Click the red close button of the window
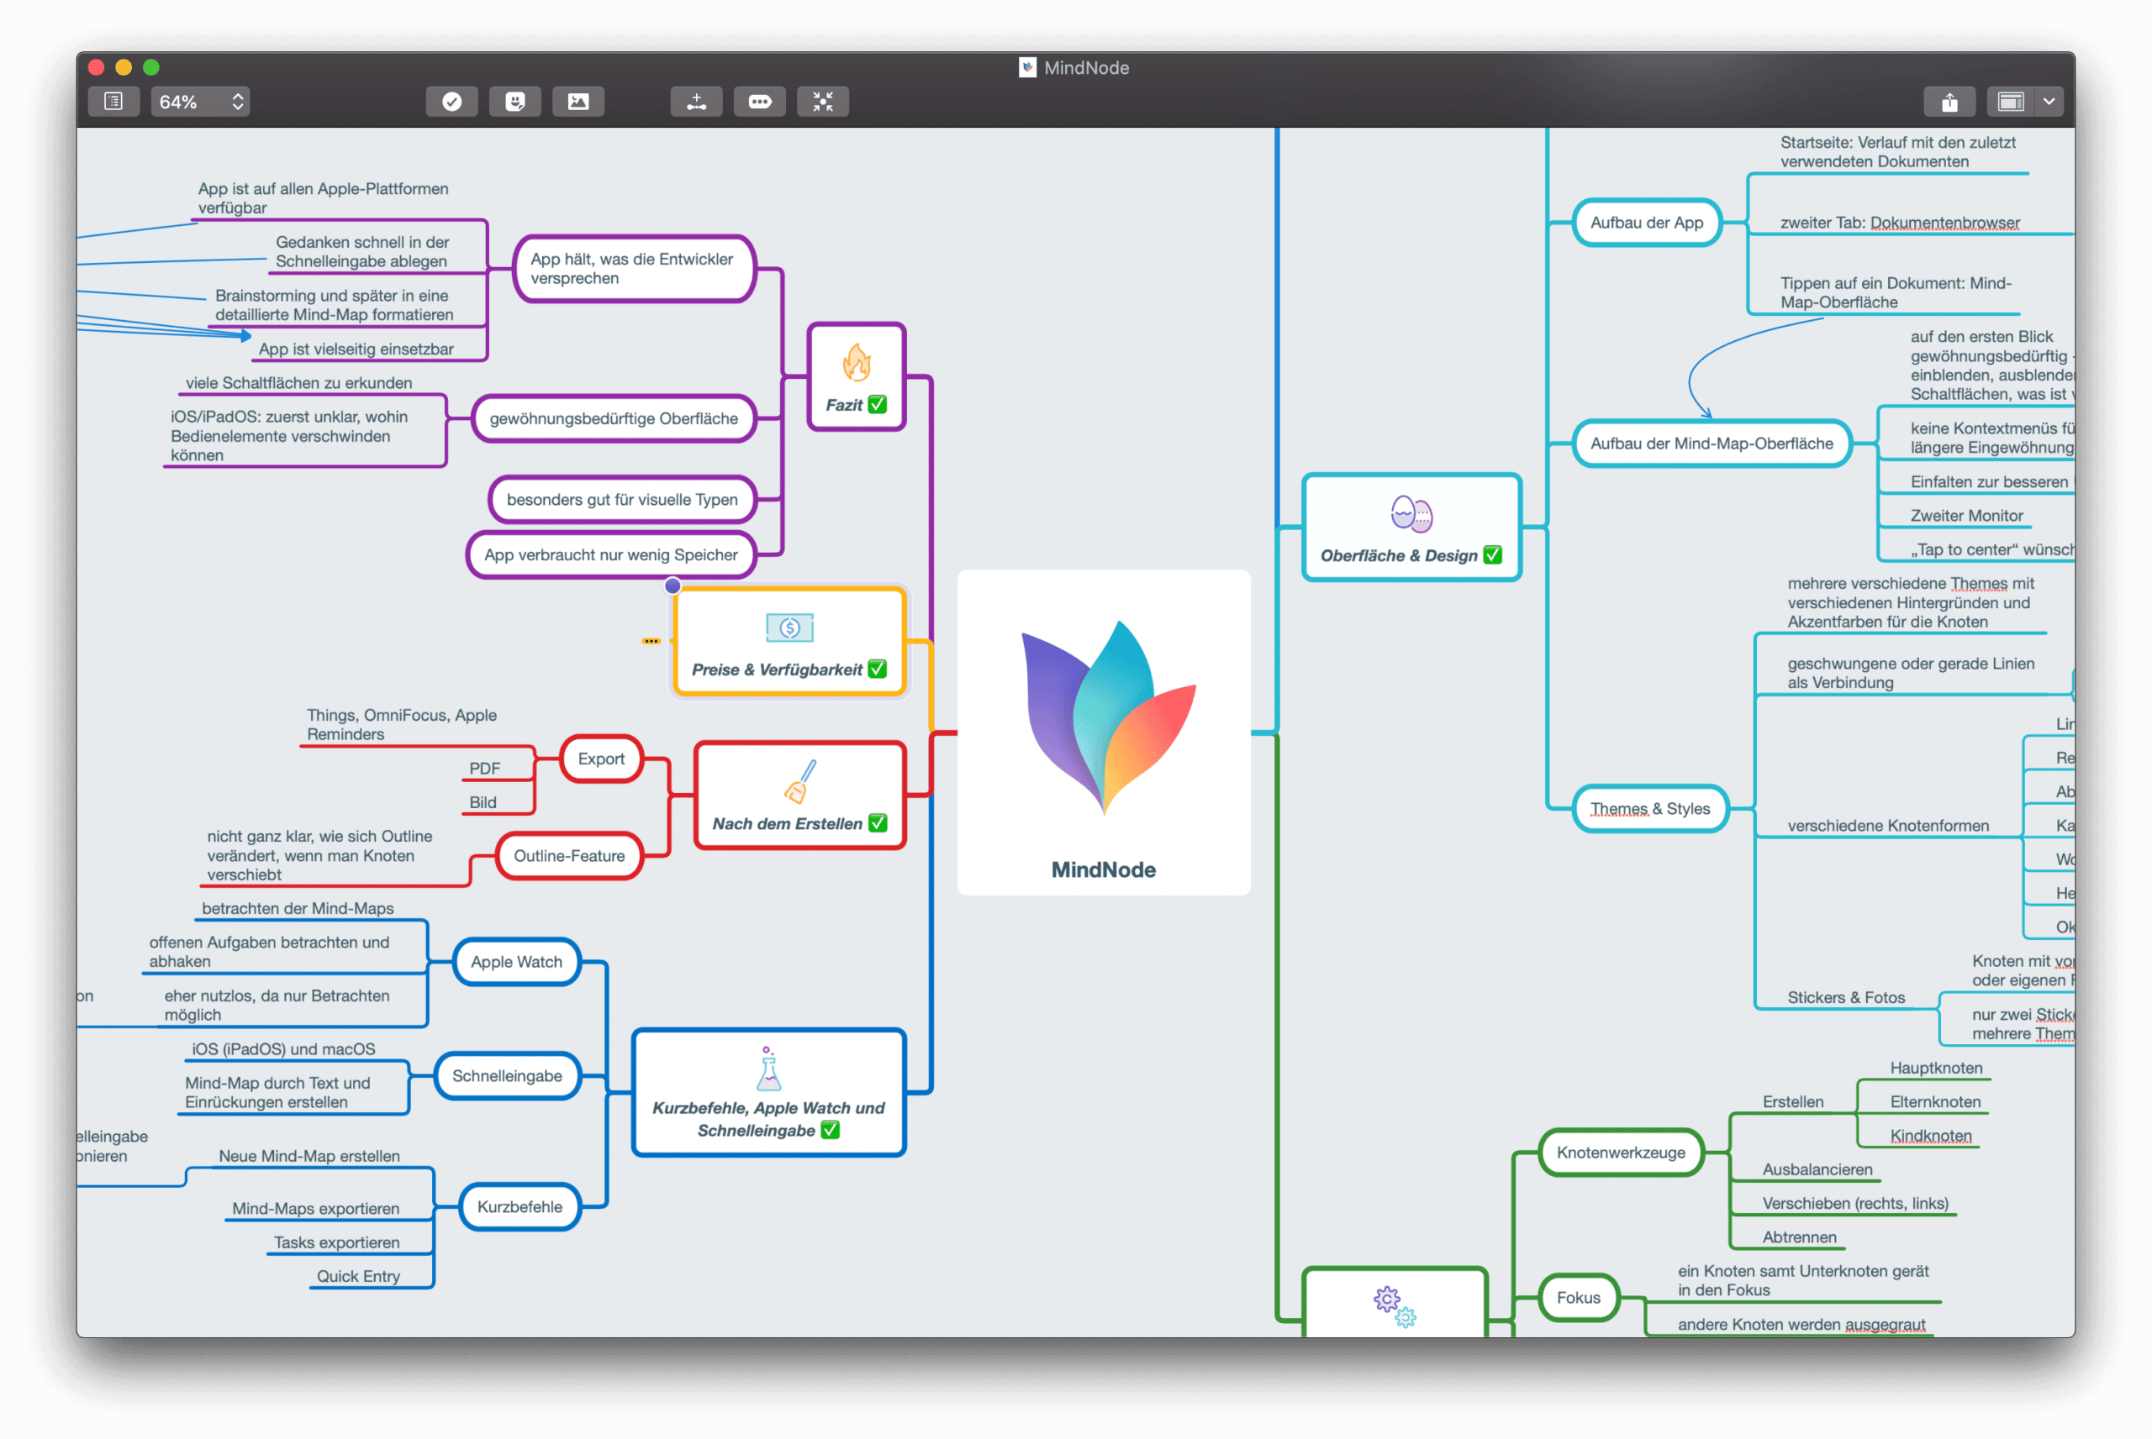click(97, 67)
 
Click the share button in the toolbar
click(1949, 102)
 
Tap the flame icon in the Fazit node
click(857, 364)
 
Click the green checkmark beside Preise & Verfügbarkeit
click(878, 669)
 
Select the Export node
click(601, 759)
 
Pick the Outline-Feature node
click(569, 855)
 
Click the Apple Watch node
click(517, 962)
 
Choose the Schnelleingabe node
click(507, 1075)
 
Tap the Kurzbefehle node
click(520, 1207)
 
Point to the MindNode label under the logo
click(1104, 870)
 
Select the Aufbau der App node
click(1647, 223)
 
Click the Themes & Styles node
click(1650, 808)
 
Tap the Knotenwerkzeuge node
click(1621, 1153)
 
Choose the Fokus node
click(1578, 1298)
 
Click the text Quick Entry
click(358, 1277)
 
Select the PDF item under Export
click(485, 769)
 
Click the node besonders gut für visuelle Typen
click(621, 500)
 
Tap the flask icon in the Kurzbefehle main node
click(768, 1069)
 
